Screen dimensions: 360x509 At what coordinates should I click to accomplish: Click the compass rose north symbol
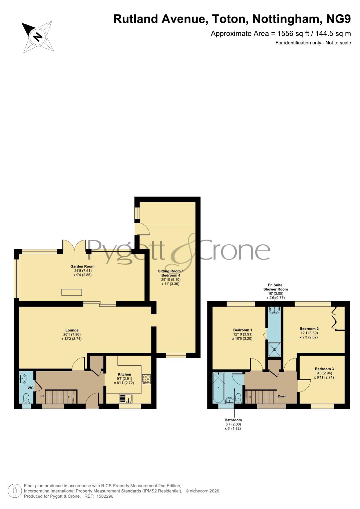point(37,37)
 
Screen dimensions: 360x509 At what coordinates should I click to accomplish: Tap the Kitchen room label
point(124,374)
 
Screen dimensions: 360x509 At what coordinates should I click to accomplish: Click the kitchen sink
point(126,399)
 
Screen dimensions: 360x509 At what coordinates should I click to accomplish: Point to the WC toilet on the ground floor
point(26,398)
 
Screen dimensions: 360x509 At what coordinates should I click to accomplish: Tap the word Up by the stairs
point(42,396)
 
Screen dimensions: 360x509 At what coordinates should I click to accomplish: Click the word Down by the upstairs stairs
point(282,396)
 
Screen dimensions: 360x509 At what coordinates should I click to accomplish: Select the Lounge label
point(72,330)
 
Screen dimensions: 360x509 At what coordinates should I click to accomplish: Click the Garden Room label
point(82,266)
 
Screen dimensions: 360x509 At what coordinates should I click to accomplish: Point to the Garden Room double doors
point(74,247)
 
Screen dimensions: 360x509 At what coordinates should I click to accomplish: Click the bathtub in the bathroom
point(218,388)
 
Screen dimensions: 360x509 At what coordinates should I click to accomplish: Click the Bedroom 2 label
point(309,329)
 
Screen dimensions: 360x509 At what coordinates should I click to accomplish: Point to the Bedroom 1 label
point(243,330)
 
